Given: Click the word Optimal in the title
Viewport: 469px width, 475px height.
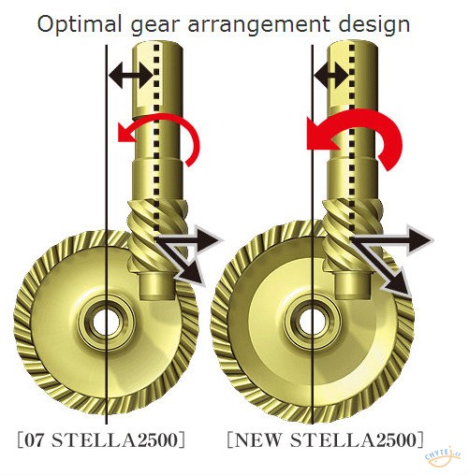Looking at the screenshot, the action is point(80,25).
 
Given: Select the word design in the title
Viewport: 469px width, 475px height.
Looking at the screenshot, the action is point(374,25).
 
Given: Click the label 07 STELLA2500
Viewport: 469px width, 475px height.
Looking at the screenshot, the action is point(101,439).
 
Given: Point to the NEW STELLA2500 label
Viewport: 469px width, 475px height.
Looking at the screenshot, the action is point(326,439).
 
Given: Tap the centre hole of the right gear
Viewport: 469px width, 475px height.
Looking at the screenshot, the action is point(313,322).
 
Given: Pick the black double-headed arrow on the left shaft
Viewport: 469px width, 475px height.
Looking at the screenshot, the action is point(131,75).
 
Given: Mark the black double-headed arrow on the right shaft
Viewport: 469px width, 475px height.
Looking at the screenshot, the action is point(331,75).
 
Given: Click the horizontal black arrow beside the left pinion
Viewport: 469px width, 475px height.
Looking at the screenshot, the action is point(188,240).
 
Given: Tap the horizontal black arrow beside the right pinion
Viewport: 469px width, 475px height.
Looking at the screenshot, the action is point(391,240).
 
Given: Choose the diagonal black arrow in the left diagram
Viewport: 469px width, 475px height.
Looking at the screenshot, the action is point(181,262).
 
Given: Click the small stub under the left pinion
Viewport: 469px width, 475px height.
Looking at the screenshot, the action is point(157,285).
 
